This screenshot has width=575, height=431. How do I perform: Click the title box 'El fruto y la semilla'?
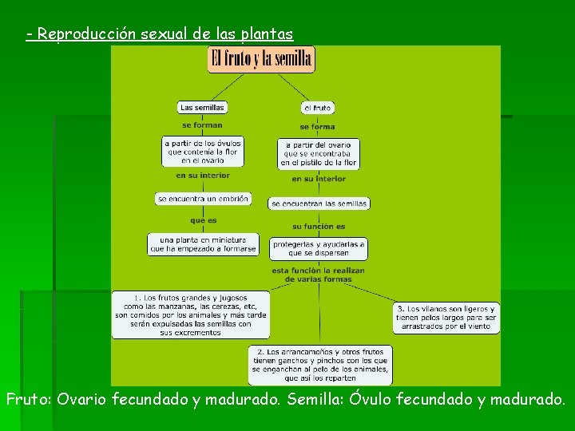pos(261,58)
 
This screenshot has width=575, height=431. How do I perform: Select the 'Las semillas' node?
pos(202,107)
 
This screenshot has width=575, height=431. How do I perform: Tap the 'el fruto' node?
pos(317,107)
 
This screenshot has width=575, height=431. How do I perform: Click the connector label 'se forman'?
pos(202,125)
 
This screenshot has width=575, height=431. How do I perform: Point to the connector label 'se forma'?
pos(317,126)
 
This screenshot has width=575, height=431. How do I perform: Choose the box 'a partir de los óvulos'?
pos(202,151)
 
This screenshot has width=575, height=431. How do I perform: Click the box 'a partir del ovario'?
pos(318,153)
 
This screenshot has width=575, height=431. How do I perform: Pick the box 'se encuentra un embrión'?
pos(203,198)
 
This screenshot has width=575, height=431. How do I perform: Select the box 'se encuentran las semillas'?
pos(319,204)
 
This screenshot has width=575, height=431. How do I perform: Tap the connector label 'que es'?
pos(203,220)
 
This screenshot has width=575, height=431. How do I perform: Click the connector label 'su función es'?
pos(319,226)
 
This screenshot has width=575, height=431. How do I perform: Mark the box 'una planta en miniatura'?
pos(203,244)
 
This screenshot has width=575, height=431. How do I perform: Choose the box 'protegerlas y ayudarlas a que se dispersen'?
pos(319,248)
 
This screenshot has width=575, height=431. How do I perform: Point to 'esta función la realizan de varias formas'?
pos(319,275)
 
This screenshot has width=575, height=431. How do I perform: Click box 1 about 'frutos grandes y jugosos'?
pos(191,314)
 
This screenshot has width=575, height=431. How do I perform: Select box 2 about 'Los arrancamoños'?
pos(319,365)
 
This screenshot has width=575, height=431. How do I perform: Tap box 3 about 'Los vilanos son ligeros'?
pos(446,318)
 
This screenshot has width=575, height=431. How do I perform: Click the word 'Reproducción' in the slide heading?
pos(87,34)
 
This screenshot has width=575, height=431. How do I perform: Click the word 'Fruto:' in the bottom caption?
pos(30,398)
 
